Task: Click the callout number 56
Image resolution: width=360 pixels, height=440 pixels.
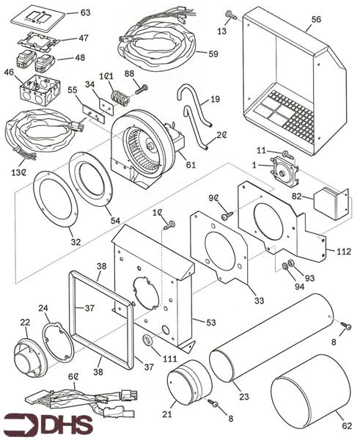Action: [x=316, y=19]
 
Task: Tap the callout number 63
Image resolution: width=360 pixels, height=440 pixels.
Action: [x=85, y=12]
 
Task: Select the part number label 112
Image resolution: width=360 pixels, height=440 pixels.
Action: [x=343, y=251]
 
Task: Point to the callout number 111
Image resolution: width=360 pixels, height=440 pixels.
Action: [x=170, y=359]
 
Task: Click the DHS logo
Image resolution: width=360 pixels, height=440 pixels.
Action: [x=49, y=424]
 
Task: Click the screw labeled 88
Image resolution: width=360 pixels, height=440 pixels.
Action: [x=142, y=89]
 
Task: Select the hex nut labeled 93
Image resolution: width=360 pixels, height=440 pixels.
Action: [x=290, y=263]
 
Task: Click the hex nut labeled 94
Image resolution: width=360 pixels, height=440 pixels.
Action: [x=284, y=265]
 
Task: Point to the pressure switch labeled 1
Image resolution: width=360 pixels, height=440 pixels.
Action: [x=284, y=171]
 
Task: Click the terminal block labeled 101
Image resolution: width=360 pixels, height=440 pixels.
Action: [x=120, y=98]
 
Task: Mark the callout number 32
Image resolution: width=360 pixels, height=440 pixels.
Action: [x=76, y=242]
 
